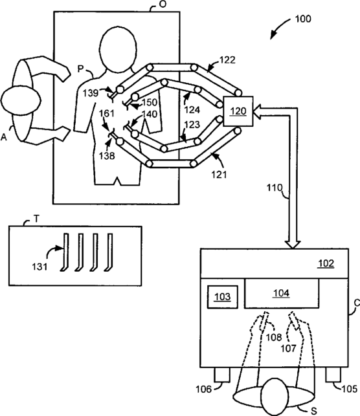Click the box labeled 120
pos(238,111)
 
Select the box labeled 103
pos(223,296)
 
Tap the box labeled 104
pos(282,293)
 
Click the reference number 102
pos(326,263)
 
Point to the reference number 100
pos(303,19)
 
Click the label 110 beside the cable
pos(275,188)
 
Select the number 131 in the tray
pos(40,267)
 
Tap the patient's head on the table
pos(118,49)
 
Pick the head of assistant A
pos(21,100)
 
